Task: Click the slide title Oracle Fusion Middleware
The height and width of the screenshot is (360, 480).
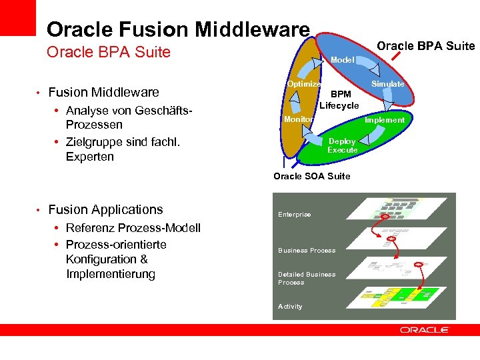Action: coord(178,29)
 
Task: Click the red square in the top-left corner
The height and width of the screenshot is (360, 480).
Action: coord(17,17)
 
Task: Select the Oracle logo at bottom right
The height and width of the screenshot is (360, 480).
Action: coord(425,329)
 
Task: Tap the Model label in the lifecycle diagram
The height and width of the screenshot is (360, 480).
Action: coord(343,60)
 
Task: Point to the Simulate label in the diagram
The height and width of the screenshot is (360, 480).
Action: coord(387,84)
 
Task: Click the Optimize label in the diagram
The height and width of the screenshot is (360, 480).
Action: coord(304,84)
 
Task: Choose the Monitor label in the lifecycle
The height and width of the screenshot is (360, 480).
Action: coord(298,119)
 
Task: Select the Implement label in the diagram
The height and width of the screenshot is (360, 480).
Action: coord(384,120)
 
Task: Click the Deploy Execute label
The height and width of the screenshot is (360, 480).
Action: coord(342,145)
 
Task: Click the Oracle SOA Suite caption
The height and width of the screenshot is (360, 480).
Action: coord(311,176)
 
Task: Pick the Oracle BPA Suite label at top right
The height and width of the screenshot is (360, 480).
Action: coord(425,46)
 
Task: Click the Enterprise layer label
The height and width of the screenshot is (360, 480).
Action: coord(294,215)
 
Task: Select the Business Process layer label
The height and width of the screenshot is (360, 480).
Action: coord(307,251)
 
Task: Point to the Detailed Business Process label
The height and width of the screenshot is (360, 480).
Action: coord(307,278)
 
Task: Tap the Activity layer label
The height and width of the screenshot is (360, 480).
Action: coord(290,307)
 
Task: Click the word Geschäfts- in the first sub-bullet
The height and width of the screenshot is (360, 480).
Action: coord(163,111)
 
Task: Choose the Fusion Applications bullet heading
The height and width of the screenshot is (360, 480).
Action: coord(105,209)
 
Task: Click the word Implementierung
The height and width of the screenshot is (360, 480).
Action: coord(111,274)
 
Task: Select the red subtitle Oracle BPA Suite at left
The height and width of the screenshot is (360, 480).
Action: coord(109,52)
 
